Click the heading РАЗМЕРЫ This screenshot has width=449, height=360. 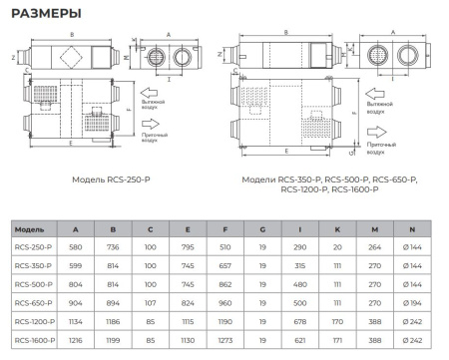[x=42, y=12]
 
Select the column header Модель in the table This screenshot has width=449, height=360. [x=30, y=228]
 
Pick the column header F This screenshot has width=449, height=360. [x=225, y=228]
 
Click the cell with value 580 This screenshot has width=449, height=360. [x=78, y=246]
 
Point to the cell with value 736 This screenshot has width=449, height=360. [x=114, y=246]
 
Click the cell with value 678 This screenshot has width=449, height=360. [x=298, y=321]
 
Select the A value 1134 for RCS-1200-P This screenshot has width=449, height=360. [x=78, y=321]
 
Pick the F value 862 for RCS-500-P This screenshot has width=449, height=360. [x=225, y=284]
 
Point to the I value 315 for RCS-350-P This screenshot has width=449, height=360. [x=298, y=265]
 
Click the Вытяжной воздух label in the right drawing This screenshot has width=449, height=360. [x=387, y=104]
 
